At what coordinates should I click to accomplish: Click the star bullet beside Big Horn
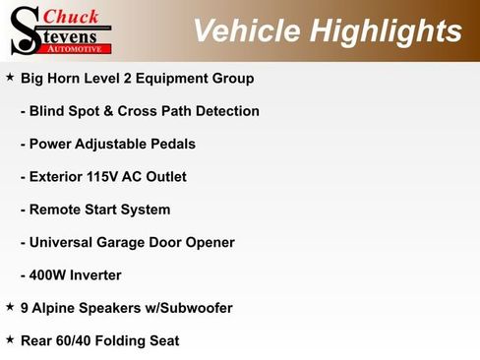click(x=10, y=76)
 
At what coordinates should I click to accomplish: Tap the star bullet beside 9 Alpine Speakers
click(x=10, y=307)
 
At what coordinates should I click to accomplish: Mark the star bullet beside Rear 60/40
click(x=10, y=339)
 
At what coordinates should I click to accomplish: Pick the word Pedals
click(x=171, y=144)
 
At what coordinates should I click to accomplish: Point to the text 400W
click(x=49, y=275)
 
